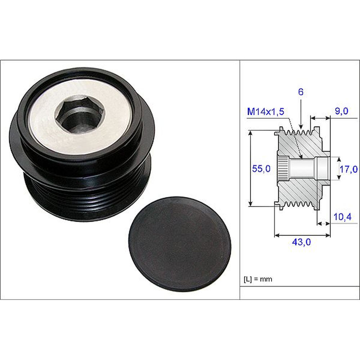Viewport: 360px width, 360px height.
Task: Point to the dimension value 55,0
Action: (261, 168)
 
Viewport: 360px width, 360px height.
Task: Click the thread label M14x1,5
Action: (266, 112)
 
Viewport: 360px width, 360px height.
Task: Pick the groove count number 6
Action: (301, 92)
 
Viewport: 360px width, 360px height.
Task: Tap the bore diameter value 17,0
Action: (348, 168)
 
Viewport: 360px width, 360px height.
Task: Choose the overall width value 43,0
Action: (301, 242)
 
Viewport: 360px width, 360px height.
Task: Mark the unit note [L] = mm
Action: (258, 279)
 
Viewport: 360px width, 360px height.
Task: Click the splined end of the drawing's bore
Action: (282, 168)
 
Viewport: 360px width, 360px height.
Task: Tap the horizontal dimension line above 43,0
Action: (302, 236)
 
